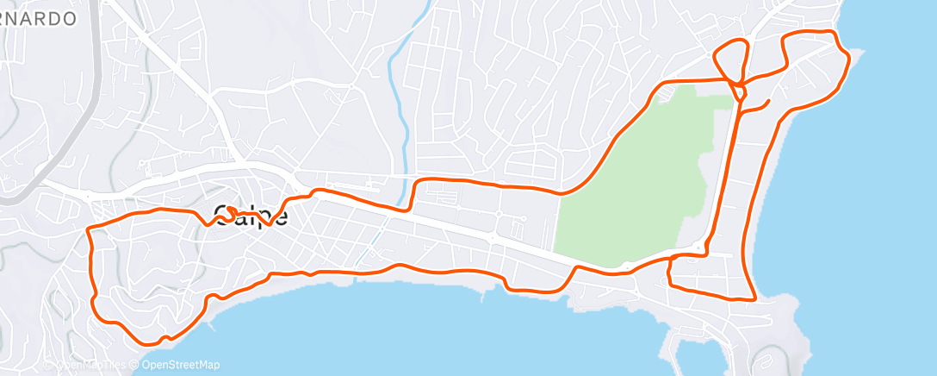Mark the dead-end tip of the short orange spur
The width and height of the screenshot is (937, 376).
(x=768, y=103)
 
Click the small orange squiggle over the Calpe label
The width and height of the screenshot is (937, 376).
(x=232, y=211)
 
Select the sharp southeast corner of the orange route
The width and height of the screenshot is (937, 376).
(x=755, y=299)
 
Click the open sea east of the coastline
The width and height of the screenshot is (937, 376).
(x=887, y=190)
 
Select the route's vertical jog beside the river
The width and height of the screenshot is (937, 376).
(x=411, y=195)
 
